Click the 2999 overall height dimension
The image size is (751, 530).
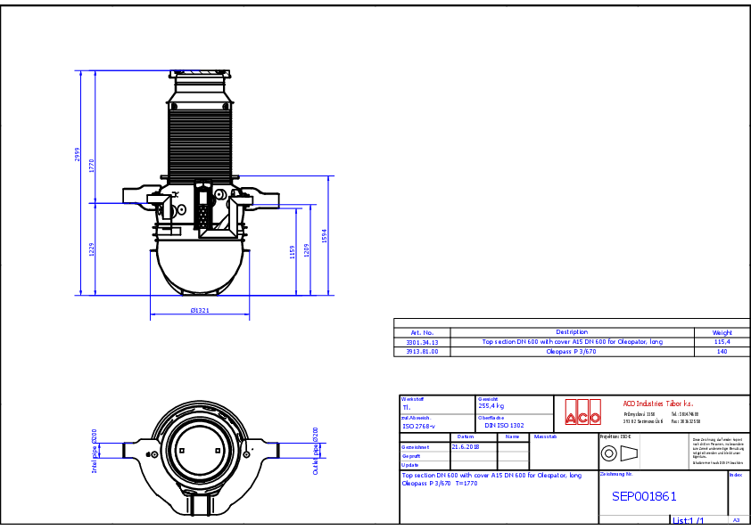[x=78, y=157]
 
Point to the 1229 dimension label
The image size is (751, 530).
[x=92, y=249]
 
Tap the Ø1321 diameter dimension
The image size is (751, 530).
[x=201, y=310]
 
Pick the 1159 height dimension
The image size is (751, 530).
[x=293, y=252]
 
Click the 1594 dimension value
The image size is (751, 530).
[x=325, y=235]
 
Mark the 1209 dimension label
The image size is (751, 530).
[x=307, y=250]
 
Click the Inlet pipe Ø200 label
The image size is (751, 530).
[x=95, y=450]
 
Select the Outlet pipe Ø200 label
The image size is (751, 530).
[x=316, y=451]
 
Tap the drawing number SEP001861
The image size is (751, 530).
[x=644, y=496]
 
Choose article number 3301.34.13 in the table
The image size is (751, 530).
[x=422, y=341]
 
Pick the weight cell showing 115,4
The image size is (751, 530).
[x=722, y=341]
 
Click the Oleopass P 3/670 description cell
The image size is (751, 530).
[x=572, y=352]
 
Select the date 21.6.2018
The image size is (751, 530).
[x=465, y=446]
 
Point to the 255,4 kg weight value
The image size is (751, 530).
[x=492, y=405]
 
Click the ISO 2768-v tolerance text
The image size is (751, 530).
[x=417, y=427]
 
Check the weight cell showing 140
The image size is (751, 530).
[x=722, y=352]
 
